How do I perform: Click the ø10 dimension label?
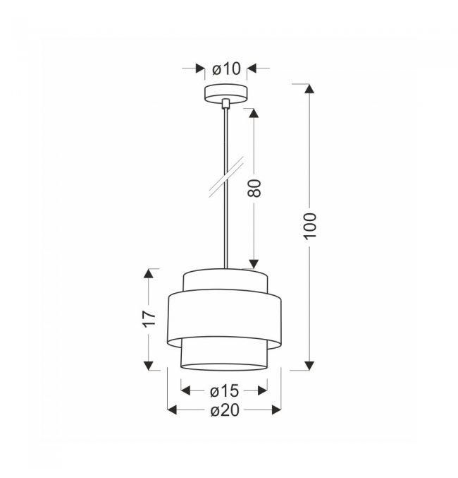[226, 69]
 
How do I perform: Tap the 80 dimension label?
[254, 188]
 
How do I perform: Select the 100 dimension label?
[311, 226]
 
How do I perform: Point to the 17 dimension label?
[149, 319]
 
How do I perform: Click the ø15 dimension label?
[224, 391]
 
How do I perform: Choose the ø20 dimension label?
[225, 410]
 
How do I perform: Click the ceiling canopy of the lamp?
[225, 93]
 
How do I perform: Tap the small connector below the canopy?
[225, 103]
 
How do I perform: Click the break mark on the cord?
[226, 177]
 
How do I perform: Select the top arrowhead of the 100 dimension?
[309, 89]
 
